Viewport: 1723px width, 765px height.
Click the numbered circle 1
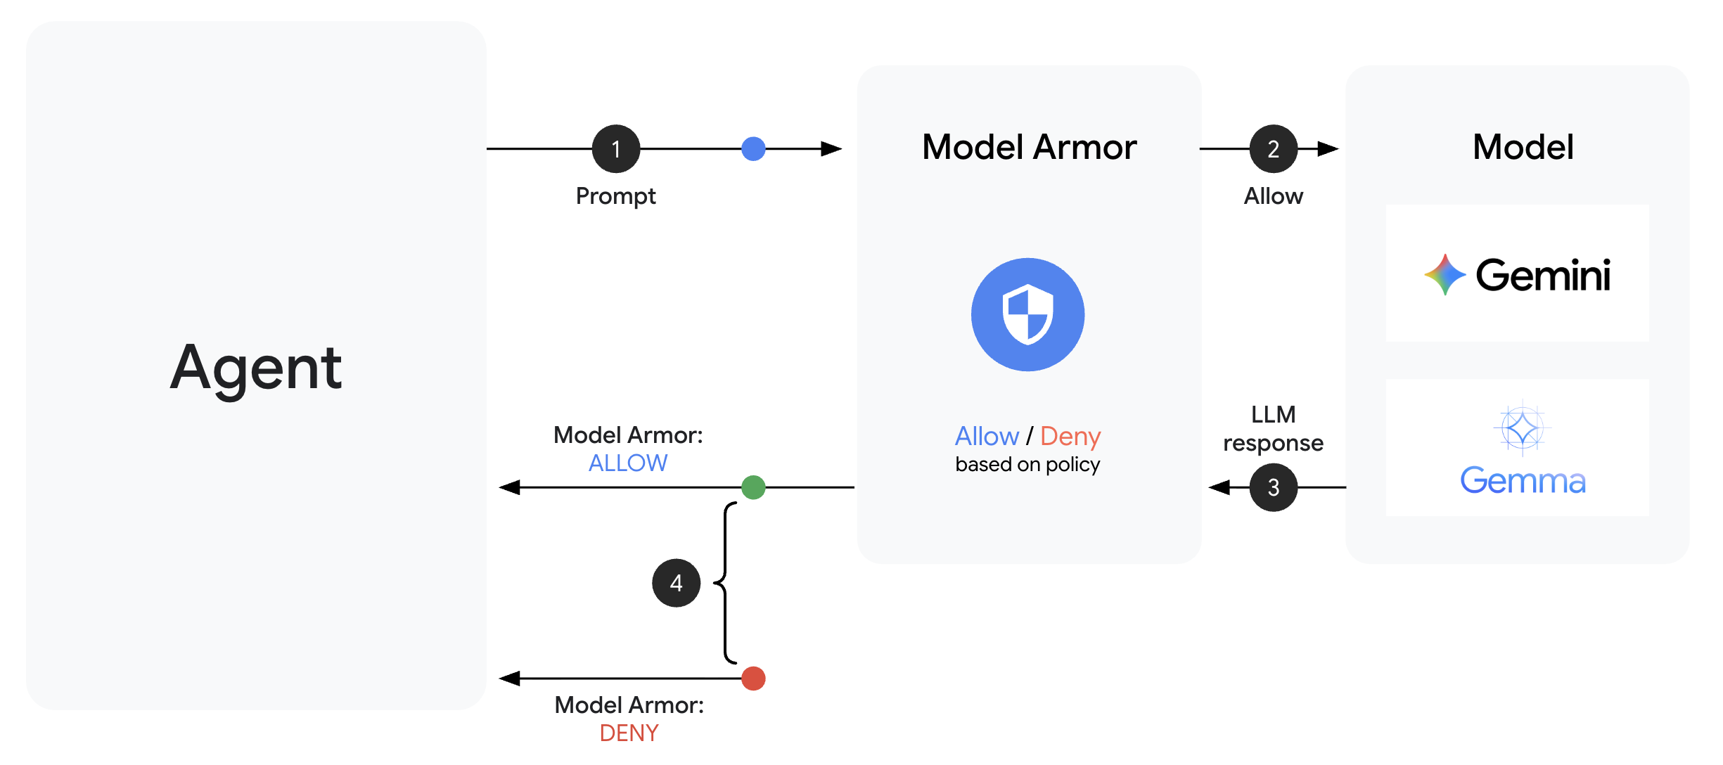(x=616, y=149)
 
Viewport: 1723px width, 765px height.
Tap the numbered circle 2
(x=1273, y=149)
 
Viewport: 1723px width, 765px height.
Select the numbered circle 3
(x=1273, y=487)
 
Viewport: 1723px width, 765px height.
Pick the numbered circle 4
(x=676, y=583)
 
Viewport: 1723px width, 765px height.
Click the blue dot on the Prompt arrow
(x=753, y=149)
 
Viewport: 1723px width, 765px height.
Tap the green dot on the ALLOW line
(x=753, y=487)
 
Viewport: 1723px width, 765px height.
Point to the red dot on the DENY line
(x=753, y=679)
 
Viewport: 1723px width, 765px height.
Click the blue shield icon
(x=1027, y=314)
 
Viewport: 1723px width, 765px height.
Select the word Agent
(x=256, y=368)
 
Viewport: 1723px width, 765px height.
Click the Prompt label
(x=615, y=196)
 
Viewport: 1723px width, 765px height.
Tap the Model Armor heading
(x=1029, y=148)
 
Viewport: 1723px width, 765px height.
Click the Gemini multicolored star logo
(x=1445, y=275)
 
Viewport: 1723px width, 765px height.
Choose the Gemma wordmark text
(x=1523, y=481)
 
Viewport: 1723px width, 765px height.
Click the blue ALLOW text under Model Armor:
(x=628, y=463)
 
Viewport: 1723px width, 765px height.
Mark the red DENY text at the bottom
(x=629, y=733)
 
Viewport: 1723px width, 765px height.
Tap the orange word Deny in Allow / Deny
(x=1070, y=437)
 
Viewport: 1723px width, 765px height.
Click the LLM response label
(x=1273, y=429)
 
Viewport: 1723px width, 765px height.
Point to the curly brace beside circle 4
(x=726, y=583)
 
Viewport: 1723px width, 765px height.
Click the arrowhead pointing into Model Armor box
(x=831, y=149)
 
